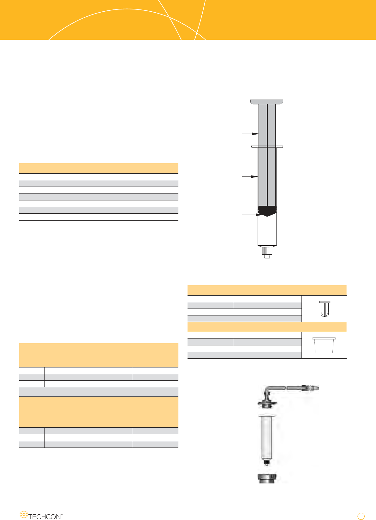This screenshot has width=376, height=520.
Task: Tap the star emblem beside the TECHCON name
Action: [24, 514]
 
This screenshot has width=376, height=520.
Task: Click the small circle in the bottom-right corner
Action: [361, 516]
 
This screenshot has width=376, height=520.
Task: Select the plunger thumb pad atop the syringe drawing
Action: [267, 102]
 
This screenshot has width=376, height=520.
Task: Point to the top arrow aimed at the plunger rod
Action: [250, 134]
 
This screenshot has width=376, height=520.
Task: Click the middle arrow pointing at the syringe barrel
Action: [250, 176]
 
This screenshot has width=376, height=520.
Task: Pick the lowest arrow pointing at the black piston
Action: [252, 215]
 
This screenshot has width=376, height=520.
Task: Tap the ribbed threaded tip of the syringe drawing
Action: [267, 251]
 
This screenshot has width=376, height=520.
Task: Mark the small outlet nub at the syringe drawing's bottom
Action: [267, 256]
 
